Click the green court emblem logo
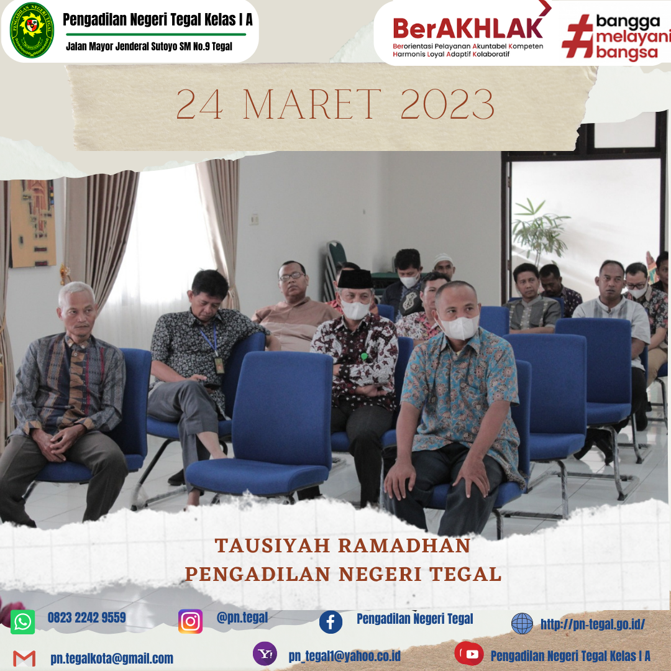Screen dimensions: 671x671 click(x=32, y=30)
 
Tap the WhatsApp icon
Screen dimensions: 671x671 click(x=23, y=622)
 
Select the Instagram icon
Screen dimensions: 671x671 click(x=191, y=621)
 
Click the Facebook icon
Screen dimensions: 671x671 click(x=331, y=622)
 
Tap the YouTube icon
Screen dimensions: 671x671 click(x=469, y=654)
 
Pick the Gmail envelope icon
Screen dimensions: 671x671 click(x=24, y=658)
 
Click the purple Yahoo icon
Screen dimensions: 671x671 click(x=265, y=654)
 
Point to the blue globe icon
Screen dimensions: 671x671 click(x=522, y=624)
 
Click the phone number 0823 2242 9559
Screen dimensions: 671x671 click(x=87, y=618)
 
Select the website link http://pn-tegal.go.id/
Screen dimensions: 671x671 click(x=593, y=624)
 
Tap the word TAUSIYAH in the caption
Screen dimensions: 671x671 click(x=272, y=545)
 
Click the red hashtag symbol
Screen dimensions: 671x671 click(x=578, y=36)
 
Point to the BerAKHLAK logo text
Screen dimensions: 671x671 click(x=468, y=28)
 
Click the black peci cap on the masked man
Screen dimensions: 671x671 click(x=355, y=279)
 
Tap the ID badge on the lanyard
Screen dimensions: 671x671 click(x=219, y=365)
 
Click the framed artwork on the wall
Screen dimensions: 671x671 click(x=33, y=223)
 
